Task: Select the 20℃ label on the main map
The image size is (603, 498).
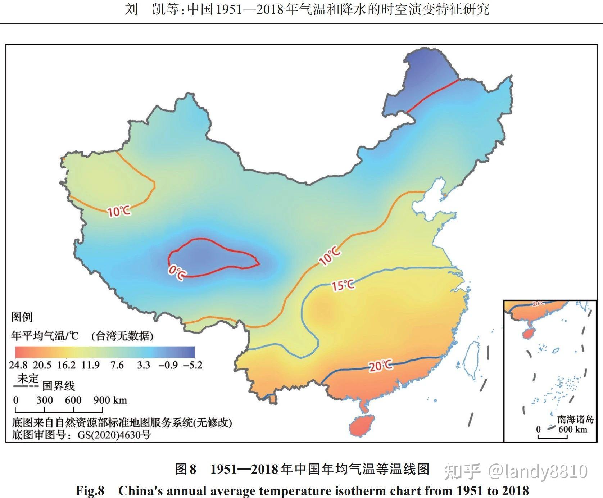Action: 381,366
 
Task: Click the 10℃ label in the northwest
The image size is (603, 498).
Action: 119,211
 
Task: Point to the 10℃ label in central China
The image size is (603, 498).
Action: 330,256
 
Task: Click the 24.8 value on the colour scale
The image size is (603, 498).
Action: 18,365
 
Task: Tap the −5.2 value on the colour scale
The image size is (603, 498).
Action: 193,365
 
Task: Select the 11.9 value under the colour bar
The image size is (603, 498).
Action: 90,365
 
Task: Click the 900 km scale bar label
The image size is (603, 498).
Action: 110,400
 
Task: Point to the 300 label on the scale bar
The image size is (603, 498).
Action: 45,400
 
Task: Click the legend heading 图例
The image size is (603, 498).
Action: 22,317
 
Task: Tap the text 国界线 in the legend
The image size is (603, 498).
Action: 59,386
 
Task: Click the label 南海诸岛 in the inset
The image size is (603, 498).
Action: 575,419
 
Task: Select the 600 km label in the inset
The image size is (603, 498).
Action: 572,429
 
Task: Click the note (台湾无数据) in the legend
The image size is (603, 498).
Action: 122,336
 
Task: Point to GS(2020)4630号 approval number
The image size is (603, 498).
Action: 114,435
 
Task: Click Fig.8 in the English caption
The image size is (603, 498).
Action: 90,491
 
